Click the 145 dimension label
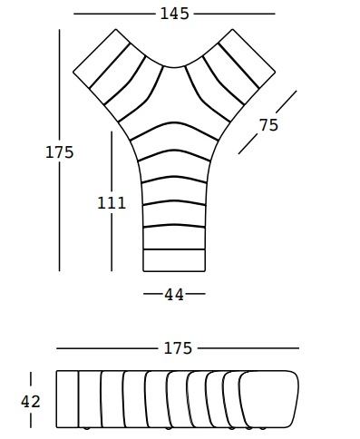174,14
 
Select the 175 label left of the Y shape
60,152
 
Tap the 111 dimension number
112,203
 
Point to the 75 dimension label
268,125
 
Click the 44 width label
174,295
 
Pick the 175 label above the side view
178,348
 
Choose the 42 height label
30,402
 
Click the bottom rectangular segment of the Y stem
174,260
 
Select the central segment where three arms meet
174,98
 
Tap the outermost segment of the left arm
102,58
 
